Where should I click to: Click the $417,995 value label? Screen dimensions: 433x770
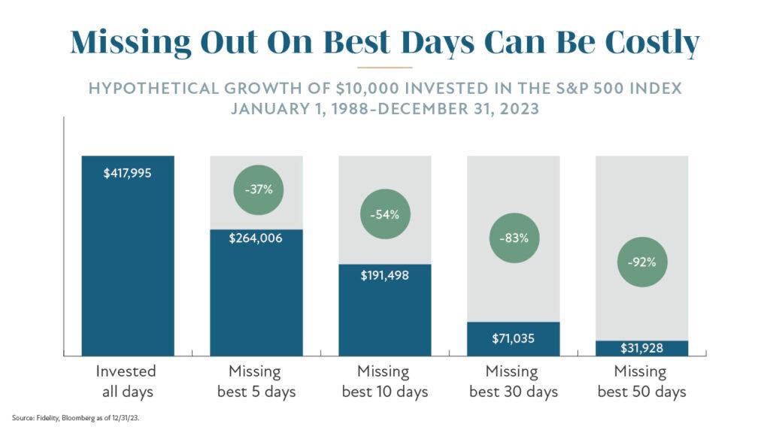tap(128, 173)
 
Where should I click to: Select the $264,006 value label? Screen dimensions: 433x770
tap(256, 239)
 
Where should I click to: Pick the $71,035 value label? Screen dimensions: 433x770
tap(513, 338)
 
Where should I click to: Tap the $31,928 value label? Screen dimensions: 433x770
tap(641, 348)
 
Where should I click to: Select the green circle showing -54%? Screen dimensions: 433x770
tap(384, 214)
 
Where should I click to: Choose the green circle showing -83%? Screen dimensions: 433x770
tap(514, 238)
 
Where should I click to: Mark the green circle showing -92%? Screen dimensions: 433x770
tap(641, 262)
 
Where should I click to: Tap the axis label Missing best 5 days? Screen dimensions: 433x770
tap(256, 381)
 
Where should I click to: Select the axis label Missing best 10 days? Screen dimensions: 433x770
tap(384, 381)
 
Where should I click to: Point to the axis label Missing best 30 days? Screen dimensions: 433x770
tap(513, 381)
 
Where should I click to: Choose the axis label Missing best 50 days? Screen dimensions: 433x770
tap(641, 381)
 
